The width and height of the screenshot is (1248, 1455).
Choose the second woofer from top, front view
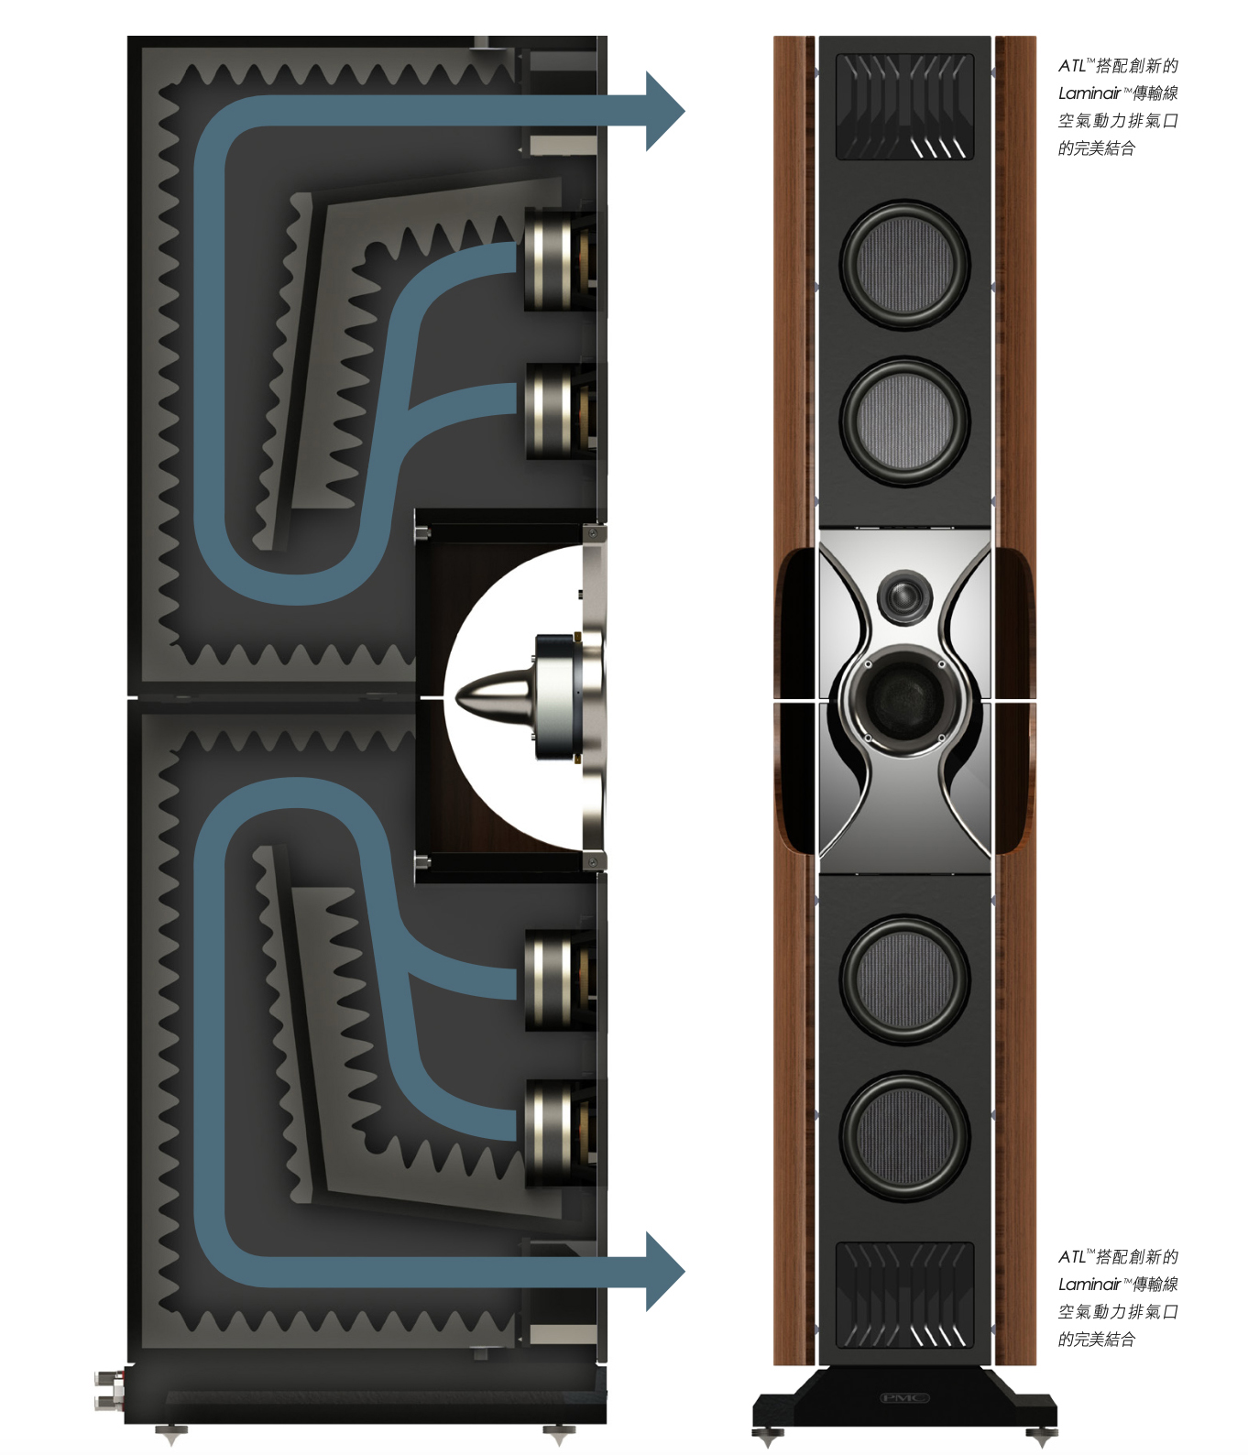click(x=904, y=421)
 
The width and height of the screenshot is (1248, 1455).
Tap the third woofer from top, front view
click(x=904, y=979)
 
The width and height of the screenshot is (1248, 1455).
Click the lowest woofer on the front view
click(x=904, y=1136)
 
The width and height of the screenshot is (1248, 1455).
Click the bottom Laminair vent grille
click(x=904, y=1295)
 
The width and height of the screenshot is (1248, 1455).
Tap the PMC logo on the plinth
click(x=904, y=1397)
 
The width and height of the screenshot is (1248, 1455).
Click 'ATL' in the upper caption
click(x=1071, y=66)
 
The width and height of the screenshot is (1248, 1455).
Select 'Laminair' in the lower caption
click(x=1089, y=1285)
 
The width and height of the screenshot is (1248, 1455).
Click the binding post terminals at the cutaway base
click(x=109, y=1389)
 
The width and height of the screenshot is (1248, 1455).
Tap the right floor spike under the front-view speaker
click(x=1042, y=1435)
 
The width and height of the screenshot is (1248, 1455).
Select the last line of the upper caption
click(x=1097, y=148)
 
